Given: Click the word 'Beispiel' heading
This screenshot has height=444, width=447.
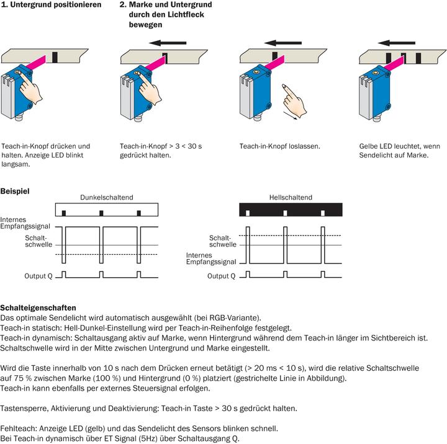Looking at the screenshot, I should click(x=15, y=191).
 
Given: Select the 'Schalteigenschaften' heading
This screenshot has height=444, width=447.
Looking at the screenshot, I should click(x=38, y=308).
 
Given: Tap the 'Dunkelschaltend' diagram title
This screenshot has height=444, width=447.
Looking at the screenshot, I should click(x=106, y=198).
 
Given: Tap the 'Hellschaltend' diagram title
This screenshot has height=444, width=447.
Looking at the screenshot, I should click(x=290, y=198).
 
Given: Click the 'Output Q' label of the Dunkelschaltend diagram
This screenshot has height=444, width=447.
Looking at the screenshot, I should click(x=38, y=275).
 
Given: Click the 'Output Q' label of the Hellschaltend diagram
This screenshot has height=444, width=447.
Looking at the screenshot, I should click(x=222, y=275).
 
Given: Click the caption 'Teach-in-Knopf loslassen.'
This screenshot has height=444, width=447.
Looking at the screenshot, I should click(x=279, y=146).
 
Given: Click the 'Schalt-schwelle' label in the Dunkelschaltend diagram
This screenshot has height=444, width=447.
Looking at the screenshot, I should click(x=35, y=241).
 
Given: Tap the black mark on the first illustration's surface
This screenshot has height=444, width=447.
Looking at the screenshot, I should click(x=55, y=56).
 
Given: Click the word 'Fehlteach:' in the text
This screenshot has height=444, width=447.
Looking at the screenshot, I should click(x=18, y=428).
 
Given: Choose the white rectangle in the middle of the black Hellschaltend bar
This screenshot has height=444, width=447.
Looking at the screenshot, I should click(x=285, y=213).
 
